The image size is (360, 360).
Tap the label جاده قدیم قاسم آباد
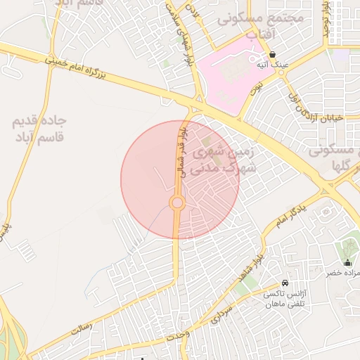pyautogui.click(x=39, y=128)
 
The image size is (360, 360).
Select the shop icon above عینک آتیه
pyautogui.click(x=272, y=54)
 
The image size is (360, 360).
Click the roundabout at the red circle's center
pyautogui.click(x=177, y=204)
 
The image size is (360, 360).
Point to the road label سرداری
pyautogui.click(x=227, y=314)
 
